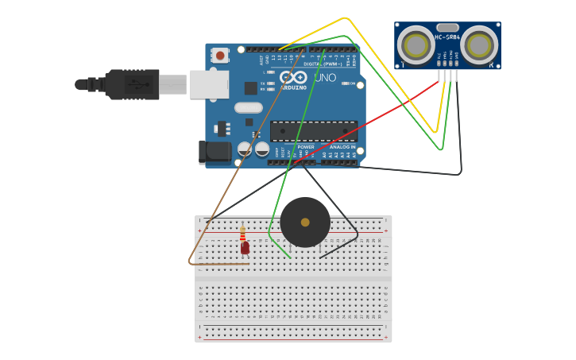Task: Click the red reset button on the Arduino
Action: click(x=220, y=55)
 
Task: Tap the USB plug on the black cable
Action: click(x=132, y=84)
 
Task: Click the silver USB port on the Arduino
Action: click(x=209, y=84)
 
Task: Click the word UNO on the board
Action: click(x=326, y=78)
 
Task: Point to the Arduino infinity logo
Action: click(x=293, y=78)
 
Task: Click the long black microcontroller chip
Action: click(x=313, y=131)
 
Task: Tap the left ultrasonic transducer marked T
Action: click(x=416, y=45)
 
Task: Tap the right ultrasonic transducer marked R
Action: click(x=480, y=45)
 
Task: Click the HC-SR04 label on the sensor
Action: click(x=448, y=37)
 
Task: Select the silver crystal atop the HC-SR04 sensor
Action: click(x=448, y=27)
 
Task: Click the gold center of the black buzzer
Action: click(x=305, y=223)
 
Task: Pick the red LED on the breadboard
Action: click(x=245, y=247)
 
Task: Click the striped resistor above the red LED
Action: click(x=242, y=234)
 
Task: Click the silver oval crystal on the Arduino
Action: click(x=248, y=107)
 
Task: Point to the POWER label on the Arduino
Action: click(x=306, y=147)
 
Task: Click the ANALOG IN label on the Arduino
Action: click(x=342, y=147)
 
